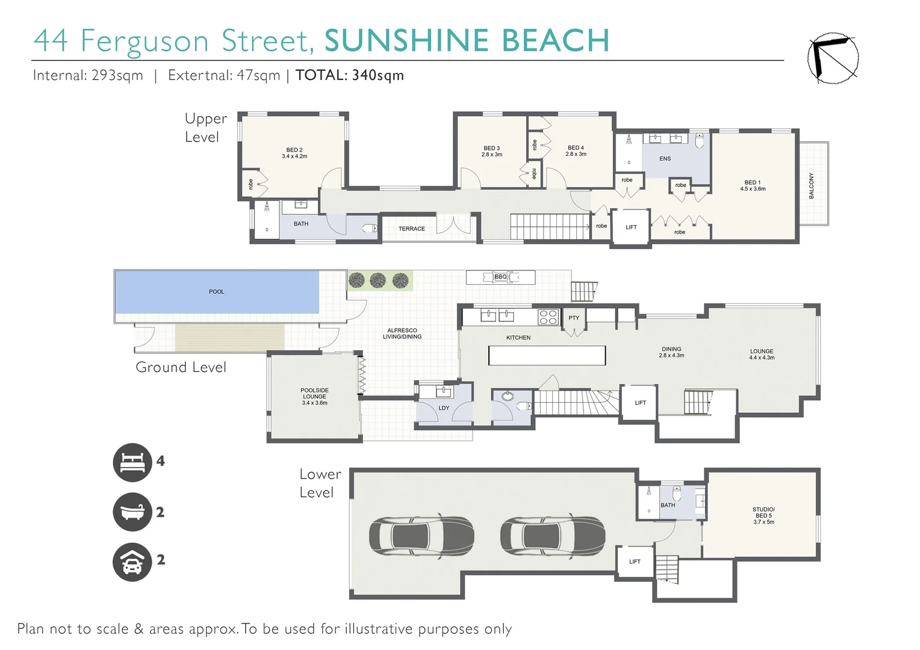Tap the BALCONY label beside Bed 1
tap(811, 185)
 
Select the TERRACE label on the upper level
tap(411, 229)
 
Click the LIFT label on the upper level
tap(631, 227)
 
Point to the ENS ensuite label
tap(665, 159)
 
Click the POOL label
tap(216, 292)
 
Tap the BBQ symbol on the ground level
tap(500, 277)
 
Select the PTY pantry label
tap(574, 318)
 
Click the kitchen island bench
tap(547, 355)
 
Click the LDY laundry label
tap(444, 408)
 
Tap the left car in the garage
tap(421, 535)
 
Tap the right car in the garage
tap(553, 535)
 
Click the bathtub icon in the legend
tap(132, 512)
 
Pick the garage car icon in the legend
tap(132, 562)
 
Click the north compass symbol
tap(833, 58)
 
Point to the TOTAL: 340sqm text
tap(349, 75)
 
